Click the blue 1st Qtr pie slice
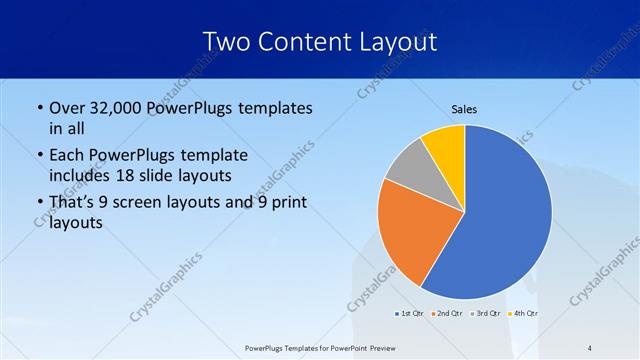[x=500, y=220]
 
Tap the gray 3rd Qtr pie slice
[x=408, y=170]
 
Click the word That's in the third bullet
[x=74, y=203]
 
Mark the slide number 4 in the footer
[x=590, y=347]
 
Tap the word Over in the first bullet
[x=68, y=108]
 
